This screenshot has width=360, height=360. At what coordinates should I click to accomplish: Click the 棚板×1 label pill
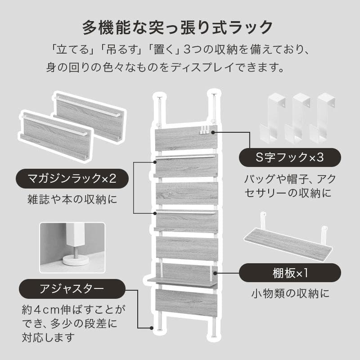click(x=289, y=273)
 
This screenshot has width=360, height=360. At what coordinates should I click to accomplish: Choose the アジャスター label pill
click(x=72, y=288)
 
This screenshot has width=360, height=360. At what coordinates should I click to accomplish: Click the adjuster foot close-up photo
click(x=72, y=247)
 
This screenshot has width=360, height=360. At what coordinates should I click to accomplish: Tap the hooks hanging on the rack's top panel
click(x=205, y=130)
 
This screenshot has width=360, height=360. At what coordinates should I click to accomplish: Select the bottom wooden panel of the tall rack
click(x=186, y=303)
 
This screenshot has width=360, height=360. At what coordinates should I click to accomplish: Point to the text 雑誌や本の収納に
click(x=72, y=199)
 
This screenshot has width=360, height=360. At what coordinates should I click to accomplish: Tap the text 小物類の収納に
click(x=289, y=294)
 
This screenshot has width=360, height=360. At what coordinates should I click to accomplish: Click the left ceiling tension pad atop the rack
click(x=158, y=95)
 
